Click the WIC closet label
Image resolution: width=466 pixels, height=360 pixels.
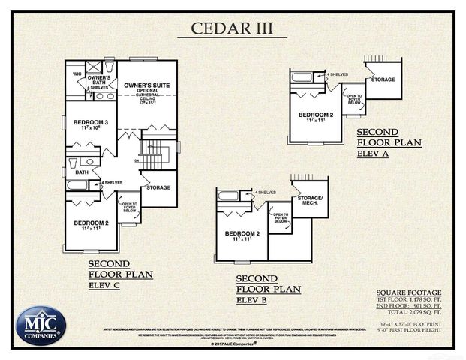pyautogui.click(x=77, y=74)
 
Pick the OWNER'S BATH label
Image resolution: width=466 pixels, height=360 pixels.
pyautogui.click(x=99, y=80)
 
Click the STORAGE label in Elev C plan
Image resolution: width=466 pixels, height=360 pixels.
pyautogui.click(x=158, y=187)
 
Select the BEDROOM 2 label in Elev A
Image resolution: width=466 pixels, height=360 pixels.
pyautogui.click(x=315, y=115)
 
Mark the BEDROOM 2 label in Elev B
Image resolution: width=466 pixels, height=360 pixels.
pyautogui.click(x=242, y=234)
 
